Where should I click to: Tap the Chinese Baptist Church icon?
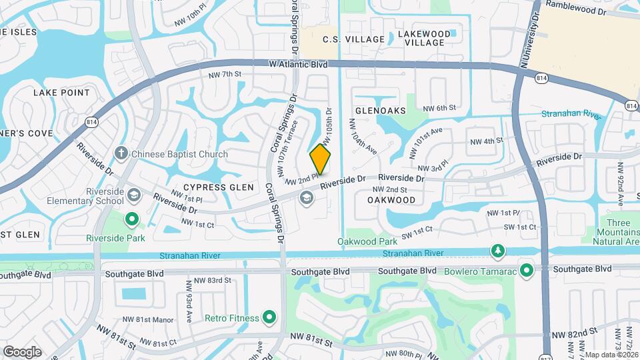(121, 154)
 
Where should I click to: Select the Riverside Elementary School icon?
(133, 195)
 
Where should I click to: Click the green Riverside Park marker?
(132, 218)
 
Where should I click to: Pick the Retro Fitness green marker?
(270, 317)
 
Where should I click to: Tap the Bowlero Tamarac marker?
(527, 270)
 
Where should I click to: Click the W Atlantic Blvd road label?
(299, 65)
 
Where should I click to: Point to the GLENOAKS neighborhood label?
(381, 111)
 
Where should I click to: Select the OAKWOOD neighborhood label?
(391, 200)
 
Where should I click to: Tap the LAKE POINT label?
(61, 93)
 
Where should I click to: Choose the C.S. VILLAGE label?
(353, 39)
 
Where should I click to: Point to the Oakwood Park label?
(367, 241)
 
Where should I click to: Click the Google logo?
(22, 351)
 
